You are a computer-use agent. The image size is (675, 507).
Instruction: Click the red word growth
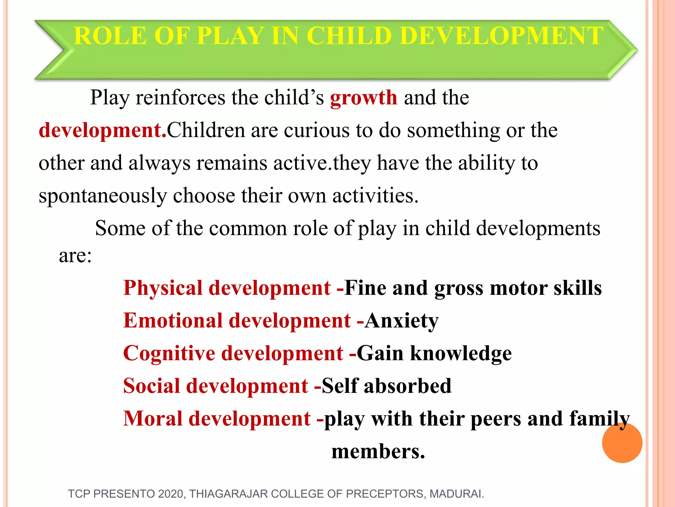click(x=364, y=98)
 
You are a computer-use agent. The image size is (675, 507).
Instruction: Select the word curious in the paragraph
click(x=316, y=130)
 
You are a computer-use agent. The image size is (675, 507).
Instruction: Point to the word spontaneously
click(x=103, y=196)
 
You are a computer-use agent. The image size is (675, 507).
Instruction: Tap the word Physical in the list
click(x=163, y=288)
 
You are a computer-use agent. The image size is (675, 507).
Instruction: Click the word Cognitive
click(x=169, y=354)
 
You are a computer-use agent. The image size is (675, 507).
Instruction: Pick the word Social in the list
click(x=152, y=386)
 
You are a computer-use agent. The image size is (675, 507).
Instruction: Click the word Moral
click(x=153, y=419)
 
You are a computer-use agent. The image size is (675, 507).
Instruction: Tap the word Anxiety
click(x=402, y=321)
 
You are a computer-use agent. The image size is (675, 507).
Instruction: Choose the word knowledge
click(x=461, y=354)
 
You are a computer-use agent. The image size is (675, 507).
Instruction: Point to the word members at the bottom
click(x=378, y=452)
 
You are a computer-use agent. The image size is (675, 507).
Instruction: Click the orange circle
click(x=622, y=443)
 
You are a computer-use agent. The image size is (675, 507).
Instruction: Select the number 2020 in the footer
click(x=170, y=494)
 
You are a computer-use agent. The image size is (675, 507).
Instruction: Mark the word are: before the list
click(x=75, y=256)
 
